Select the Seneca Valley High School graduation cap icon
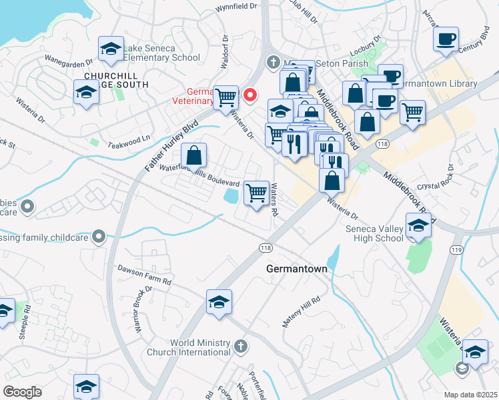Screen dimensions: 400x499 coord(418,226)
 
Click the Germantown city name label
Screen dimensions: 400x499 coord(296,269)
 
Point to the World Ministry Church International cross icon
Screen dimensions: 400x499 coord(241,346)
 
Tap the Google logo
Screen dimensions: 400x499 coord(22,392)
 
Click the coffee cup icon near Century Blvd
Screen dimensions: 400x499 coord(446,39)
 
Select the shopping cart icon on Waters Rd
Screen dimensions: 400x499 coord(257,193)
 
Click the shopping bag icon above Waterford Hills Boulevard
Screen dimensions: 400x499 coord(193,156)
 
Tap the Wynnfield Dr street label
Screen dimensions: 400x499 coord(236,7)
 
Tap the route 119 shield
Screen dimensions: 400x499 coord(457,250)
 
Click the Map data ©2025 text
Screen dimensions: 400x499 coord(470,394)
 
